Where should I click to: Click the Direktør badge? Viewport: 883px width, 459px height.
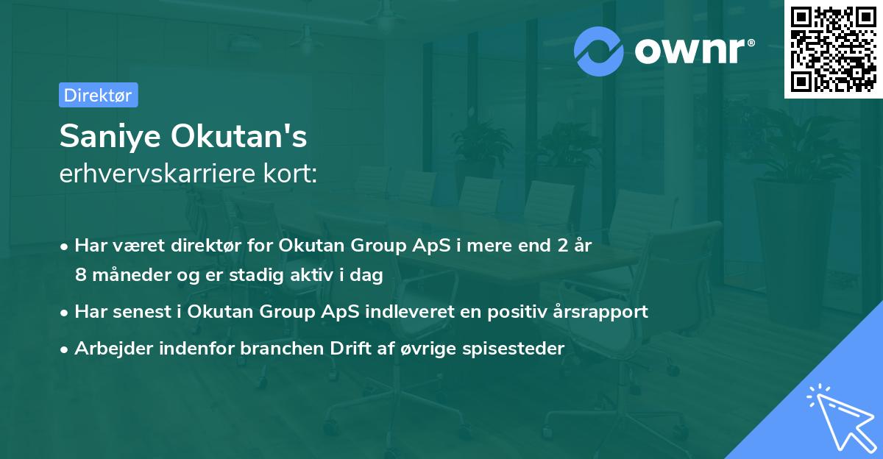click(98, 95)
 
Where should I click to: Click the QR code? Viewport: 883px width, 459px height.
click(834, 49)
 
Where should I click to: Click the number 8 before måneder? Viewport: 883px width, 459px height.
click(80, 274)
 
